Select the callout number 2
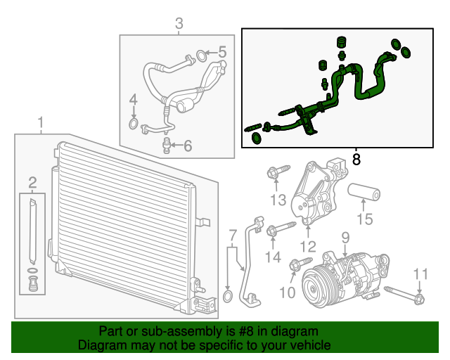tap(32, 184)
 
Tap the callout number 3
tap(179, 25)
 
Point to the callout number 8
tap(356, 160)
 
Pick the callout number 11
tap(420, 274)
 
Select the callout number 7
tap(232, 235)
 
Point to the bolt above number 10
tap(297, 265)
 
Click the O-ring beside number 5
tap(200, 54)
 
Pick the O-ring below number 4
tap(134, 125)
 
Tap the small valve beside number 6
tap(166, 145)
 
